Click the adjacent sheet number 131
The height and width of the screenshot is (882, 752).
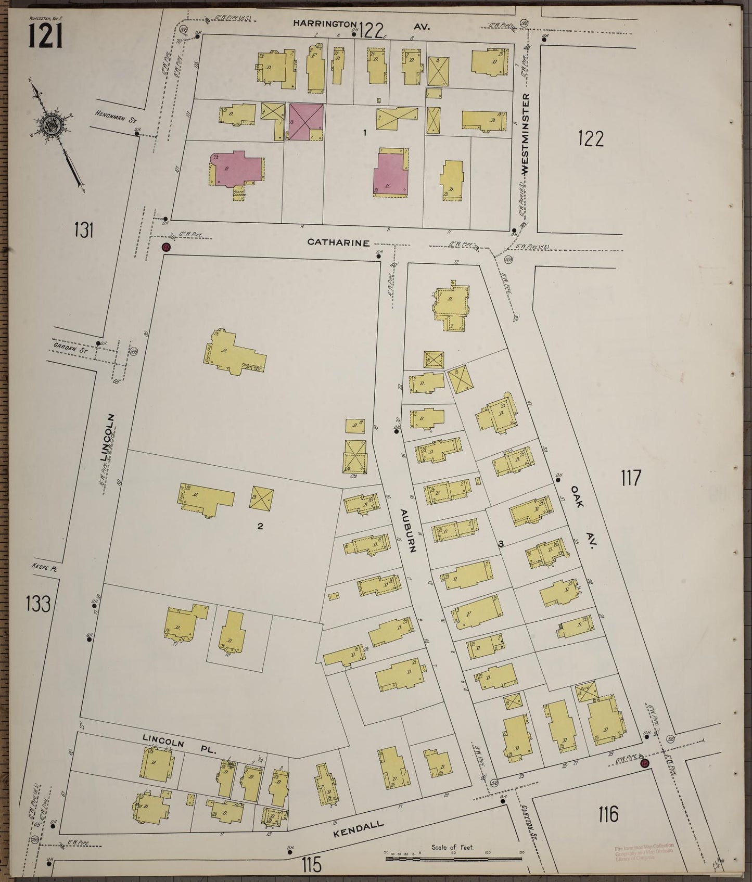point(83,229)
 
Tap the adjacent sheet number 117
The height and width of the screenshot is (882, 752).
point(630,477)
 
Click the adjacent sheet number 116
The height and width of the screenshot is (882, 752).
point(607,813)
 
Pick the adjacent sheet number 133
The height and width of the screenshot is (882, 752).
point(39,605)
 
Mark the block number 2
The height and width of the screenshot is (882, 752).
point(260,526)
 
